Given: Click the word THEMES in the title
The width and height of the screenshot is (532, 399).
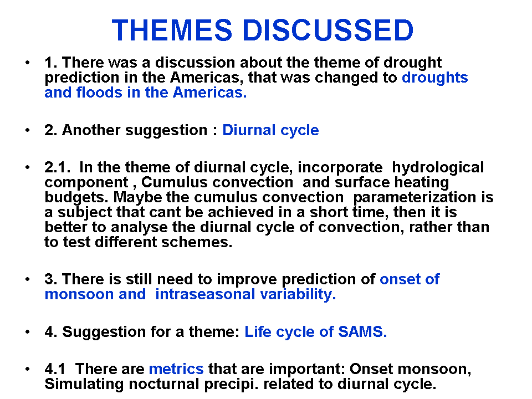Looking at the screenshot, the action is pyautogui.click(x=172, y=30).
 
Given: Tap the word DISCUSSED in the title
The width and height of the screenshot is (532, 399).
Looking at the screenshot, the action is pyautogui.click(x=328, y=30).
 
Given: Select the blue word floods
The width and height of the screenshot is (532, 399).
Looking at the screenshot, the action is pyautogui.click(x=99, y=93).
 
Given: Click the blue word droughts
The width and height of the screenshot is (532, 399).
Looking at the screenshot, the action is pyautogui.click(x=435, y=78).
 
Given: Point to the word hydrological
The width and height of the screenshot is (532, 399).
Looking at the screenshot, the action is pyautogui.click(x=438, y=167).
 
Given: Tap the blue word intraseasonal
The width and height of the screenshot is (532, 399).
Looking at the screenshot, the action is pyautogui.click(x=205, y=294).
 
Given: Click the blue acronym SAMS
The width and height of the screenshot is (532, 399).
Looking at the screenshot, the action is pyautogui.click(x=362, y=332).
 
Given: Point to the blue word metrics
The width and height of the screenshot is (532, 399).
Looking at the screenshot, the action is pyautogui.click(x=176, y=369).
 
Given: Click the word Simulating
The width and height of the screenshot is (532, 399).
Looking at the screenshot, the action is pyautogui.click(x=84, y=385).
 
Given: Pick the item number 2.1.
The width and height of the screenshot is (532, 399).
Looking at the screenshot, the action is pyautogui.click(x=57, y=167).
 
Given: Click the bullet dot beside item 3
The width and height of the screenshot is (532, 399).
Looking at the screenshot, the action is pyautogui.click(x=28, y=279).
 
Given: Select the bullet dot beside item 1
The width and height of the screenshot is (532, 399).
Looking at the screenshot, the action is pyautogui.click(x=28, y=63).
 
